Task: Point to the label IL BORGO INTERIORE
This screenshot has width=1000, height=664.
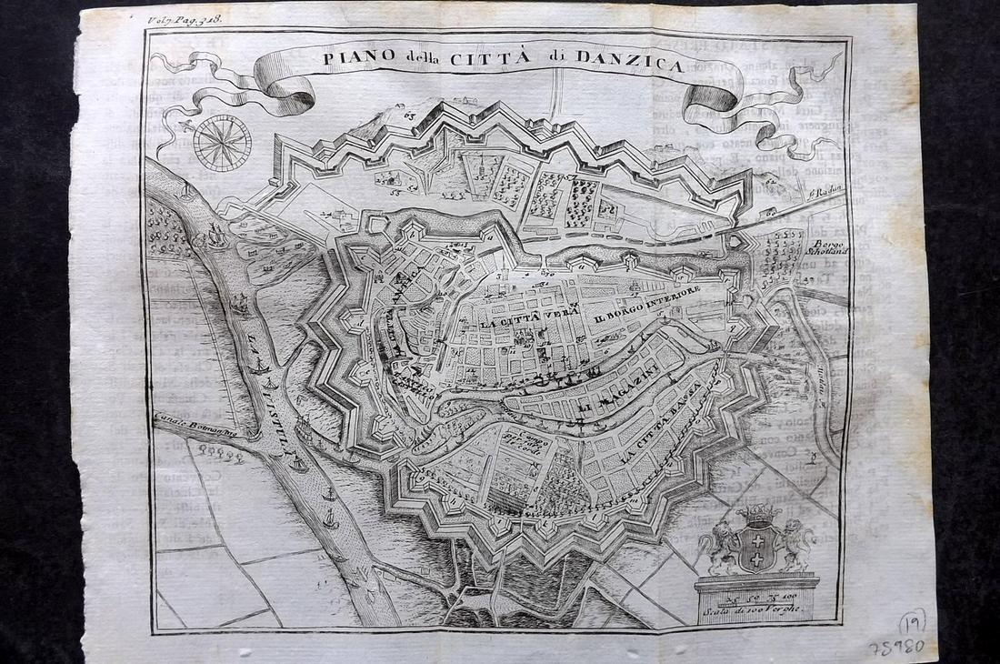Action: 646,309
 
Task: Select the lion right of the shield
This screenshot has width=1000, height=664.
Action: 794,544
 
